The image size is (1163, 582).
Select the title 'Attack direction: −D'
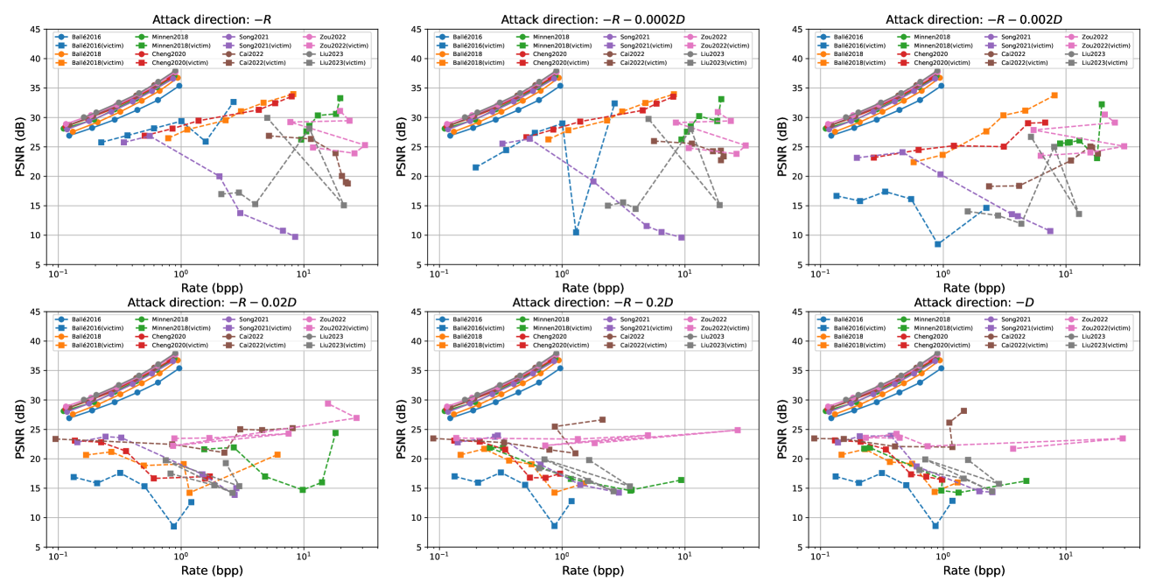[960, 302]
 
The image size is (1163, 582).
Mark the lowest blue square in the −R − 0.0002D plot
[576, 232]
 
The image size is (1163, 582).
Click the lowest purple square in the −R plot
[295, 236]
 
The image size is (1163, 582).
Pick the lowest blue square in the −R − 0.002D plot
[938, 243]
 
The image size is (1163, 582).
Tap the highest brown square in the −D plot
[963, 410]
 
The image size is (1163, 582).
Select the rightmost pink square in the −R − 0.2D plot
[738, 430]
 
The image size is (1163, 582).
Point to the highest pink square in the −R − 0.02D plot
[328, 403]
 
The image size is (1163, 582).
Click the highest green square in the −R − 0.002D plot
[1102, 104]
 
